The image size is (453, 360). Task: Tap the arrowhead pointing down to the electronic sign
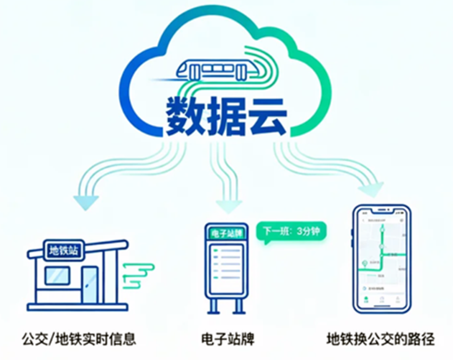[x=229, y=206]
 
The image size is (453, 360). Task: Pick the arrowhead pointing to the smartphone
[x=372, y=189]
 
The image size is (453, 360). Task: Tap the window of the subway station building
[x=57, y=276]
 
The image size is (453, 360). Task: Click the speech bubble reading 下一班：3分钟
[x=291, y=231]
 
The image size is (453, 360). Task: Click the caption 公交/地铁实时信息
[x=79, y=338]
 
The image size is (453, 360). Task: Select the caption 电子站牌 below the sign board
[x=228, y=338]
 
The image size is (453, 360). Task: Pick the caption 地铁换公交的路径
[x=380, y=338]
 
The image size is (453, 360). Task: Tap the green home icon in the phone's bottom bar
[x=366, y=300]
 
